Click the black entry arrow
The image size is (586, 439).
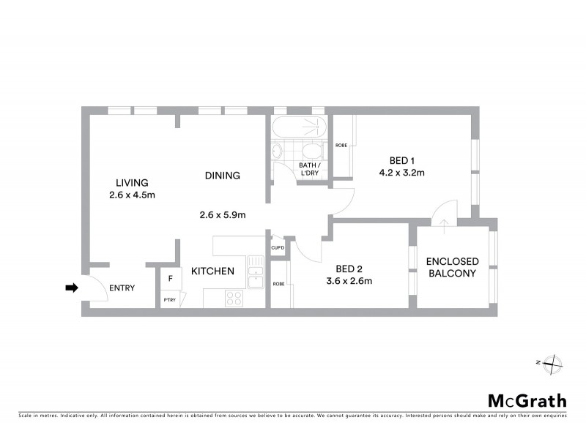71,288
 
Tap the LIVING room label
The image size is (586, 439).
132,182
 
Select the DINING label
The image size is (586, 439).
223,176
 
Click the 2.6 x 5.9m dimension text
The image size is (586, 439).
222,214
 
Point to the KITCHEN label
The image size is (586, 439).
212,271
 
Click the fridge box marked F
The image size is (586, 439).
170,279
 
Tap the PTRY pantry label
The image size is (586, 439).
170,299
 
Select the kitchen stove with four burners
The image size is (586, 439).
235,298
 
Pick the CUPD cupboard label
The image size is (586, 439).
278,248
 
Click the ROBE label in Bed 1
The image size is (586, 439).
341,146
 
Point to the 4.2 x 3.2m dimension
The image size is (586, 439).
401,173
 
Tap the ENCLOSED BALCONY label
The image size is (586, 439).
452,267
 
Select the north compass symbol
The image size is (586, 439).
553,362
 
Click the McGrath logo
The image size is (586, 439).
527,400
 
